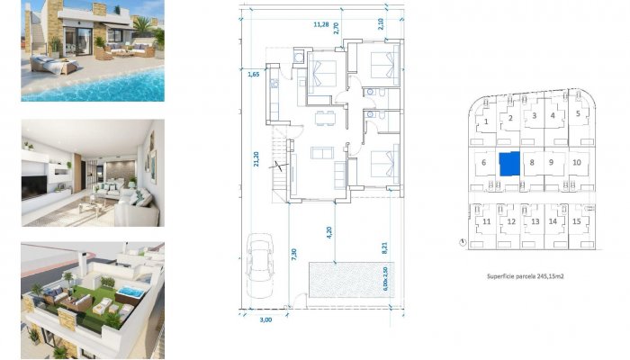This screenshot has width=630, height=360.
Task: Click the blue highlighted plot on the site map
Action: pyautogui.click(x=510, y=164)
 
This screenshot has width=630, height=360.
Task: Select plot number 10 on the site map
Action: pyautogui.click(x=576, y=163)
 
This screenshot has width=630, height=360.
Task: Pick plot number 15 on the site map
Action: pyautogui.click(x=576, y=220)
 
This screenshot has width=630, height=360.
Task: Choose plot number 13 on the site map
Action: pyautogui.click(x=535, y=221)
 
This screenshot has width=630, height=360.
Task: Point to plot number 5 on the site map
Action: pyautogui.click(x=578, y=114)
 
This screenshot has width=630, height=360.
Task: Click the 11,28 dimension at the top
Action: pyautogui.click(x=319, y=25)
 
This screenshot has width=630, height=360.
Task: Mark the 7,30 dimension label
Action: pyautogui.click(x=293, y=255)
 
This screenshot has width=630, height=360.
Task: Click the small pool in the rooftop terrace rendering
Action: pyautogui.click(x=130, y=292)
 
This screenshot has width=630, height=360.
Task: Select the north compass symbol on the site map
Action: pyautogui.click(x=461, y=241)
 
